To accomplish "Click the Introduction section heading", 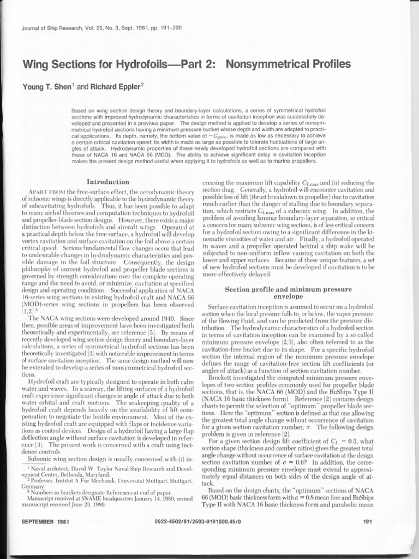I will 108,182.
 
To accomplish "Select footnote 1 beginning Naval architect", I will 109,470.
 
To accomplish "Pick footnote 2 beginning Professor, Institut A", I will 109,480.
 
